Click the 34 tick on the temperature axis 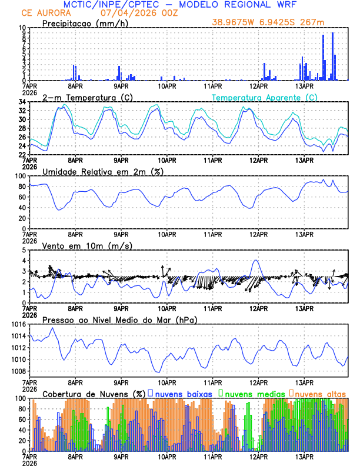pos(22,102)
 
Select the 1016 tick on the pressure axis pos(19,324)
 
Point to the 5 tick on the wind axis pos(24,250)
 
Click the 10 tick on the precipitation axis pos(22,28)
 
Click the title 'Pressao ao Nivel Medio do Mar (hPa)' pos(119,319)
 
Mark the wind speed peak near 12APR pos(255,260)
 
